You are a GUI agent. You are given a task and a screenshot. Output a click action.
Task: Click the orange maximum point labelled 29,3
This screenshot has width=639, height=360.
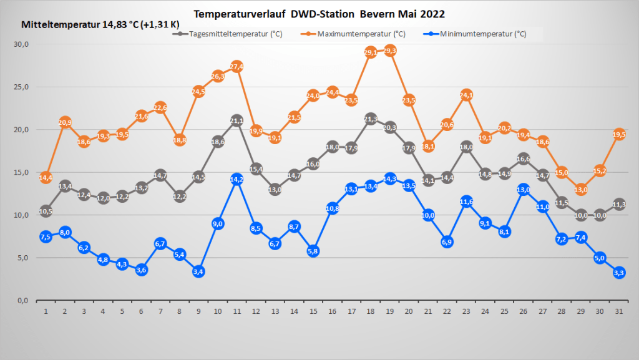[390, 51]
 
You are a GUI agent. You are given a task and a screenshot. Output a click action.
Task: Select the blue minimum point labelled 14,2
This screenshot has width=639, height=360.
[237, 179]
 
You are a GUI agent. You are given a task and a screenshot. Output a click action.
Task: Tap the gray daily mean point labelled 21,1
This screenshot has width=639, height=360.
[237, 120]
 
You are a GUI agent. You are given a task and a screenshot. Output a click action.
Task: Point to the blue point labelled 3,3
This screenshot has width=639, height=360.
[619, 272]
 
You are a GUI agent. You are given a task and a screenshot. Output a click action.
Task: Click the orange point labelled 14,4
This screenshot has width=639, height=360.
[46, 178]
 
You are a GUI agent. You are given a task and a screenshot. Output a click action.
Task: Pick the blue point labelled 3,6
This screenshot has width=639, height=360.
[141, 270]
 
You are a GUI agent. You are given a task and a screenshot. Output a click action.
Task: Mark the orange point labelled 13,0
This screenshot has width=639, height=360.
[581, 190]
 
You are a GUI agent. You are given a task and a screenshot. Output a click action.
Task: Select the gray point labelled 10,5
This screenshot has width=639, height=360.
[46, 211]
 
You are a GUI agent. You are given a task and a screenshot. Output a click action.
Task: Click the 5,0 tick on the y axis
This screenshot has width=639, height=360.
[24, 258]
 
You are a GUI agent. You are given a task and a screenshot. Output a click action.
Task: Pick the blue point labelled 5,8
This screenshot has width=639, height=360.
[313, 251]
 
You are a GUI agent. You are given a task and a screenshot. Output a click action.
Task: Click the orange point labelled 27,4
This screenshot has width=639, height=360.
[237, 67]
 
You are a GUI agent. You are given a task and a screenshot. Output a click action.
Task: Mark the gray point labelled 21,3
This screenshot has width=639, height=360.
[371, 119]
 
